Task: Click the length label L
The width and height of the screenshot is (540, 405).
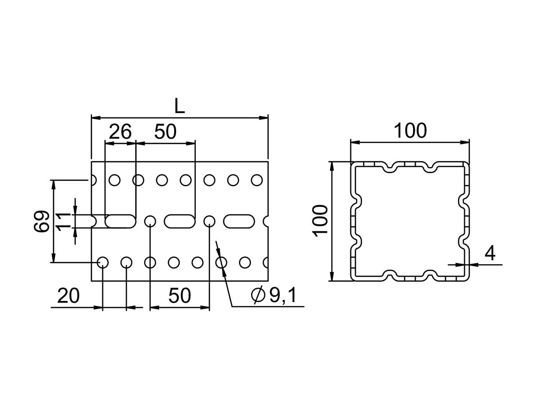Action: (180, 106)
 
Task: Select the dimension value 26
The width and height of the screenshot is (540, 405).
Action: (120, 132)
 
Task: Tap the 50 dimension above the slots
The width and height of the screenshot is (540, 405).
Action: (165, 132)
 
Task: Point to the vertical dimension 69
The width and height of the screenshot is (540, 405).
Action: (41, 221)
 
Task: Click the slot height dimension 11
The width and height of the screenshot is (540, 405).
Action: (64, 221)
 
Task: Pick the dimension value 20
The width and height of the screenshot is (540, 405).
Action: (68, 296)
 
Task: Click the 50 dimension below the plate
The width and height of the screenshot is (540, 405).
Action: (180, 296)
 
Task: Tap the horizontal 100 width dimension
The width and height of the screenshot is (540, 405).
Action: (409, 131)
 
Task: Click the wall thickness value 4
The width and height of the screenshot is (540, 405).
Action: (490, 253)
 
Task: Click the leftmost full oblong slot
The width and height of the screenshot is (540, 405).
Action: (121, 221)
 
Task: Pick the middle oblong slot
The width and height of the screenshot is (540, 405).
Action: (180, 221)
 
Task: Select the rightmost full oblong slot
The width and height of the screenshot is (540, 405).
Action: (239, 221)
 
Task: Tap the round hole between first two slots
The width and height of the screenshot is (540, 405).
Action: (150, 221)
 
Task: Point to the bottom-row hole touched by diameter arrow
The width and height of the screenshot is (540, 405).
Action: (221, 262)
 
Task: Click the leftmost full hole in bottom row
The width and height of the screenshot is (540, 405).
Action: (103, 262)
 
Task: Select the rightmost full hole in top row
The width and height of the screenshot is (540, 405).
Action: (256, 180)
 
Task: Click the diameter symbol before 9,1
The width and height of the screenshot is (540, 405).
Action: (258, 296)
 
